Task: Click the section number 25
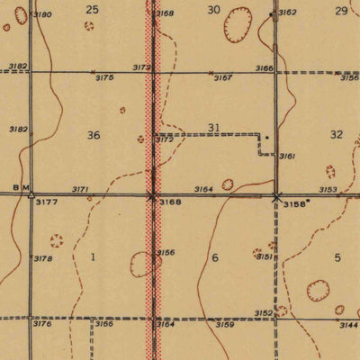tap(92, 9)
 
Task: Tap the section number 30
tap(213, 9)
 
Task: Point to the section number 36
tap(94, 135)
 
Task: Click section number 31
tap(214, 128)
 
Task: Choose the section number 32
tap(337, 134)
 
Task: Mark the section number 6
tap(215, 257)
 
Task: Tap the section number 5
tap(337, 257)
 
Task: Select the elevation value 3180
tap(43, 15)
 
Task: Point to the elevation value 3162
tap(287, 13)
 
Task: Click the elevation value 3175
tap(104, 78)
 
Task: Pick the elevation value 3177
tap(45, 203)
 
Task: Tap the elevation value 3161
tap(288, 157)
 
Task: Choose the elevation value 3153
tap(328, 190)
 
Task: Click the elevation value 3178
tap(43, 259)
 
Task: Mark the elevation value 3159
tap(225, 324)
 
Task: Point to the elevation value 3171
tap(80, 190)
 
